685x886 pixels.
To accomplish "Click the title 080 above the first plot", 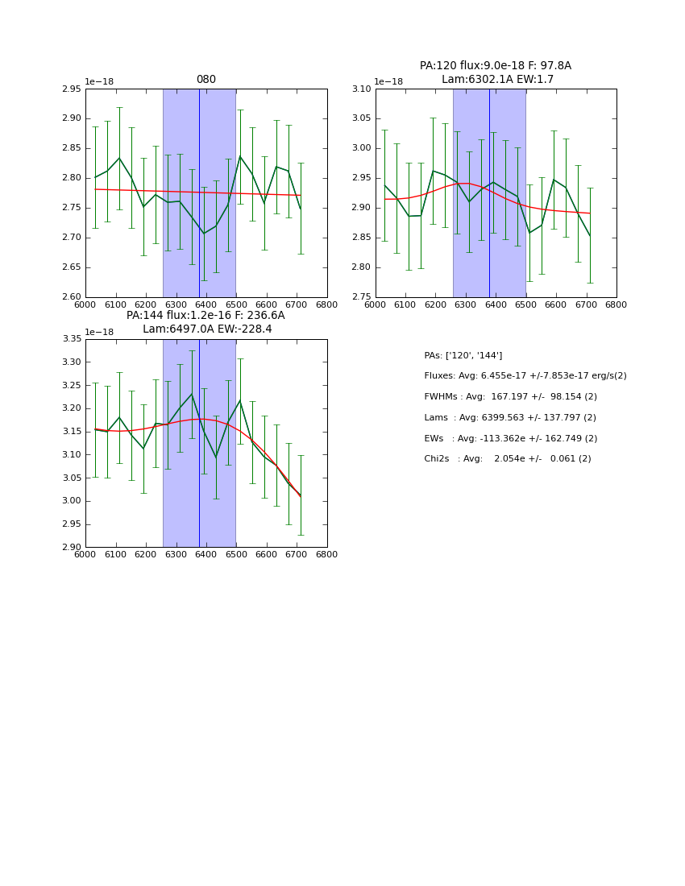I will point(205,80).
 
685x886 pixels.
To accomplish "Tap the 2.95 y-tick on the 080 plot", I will point(72,89).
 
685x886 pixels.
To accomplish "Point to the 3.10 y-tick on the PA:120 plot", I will point(361,89).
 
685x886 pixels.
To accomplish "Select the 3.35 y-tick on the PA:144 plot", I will point(72,339).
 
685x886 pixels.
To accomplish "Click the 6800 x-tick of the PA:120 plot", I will point(616,305).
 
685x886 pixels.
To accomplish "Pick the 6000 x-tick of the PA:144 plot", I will point(85,555).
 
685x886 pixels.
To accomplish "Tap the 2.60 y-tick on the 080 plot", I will point(72,297).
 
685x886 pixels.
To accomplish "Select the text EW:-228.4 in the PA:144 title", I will point(245,329).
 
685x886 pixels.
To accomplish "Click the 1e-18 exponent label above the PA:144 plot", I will point(99,332).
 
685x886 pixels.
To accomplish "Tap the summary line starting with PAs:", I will point(463,355).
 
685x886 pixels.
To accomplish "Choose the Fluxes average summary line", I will point(525,376).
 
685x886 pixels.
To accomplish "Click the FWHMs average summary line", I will point(510,397).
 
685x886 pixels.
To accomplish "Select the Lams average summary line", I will point(510,418).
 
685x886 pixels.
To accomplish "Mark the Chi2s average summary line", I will point(507,459).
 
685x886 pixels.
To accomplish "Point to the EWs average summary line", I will point(510,439).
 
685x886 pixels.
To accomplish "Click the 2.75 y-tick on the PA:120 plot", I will point(361,297).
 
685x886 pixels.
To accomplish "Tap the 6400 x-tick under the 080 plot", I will point(205,305).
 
